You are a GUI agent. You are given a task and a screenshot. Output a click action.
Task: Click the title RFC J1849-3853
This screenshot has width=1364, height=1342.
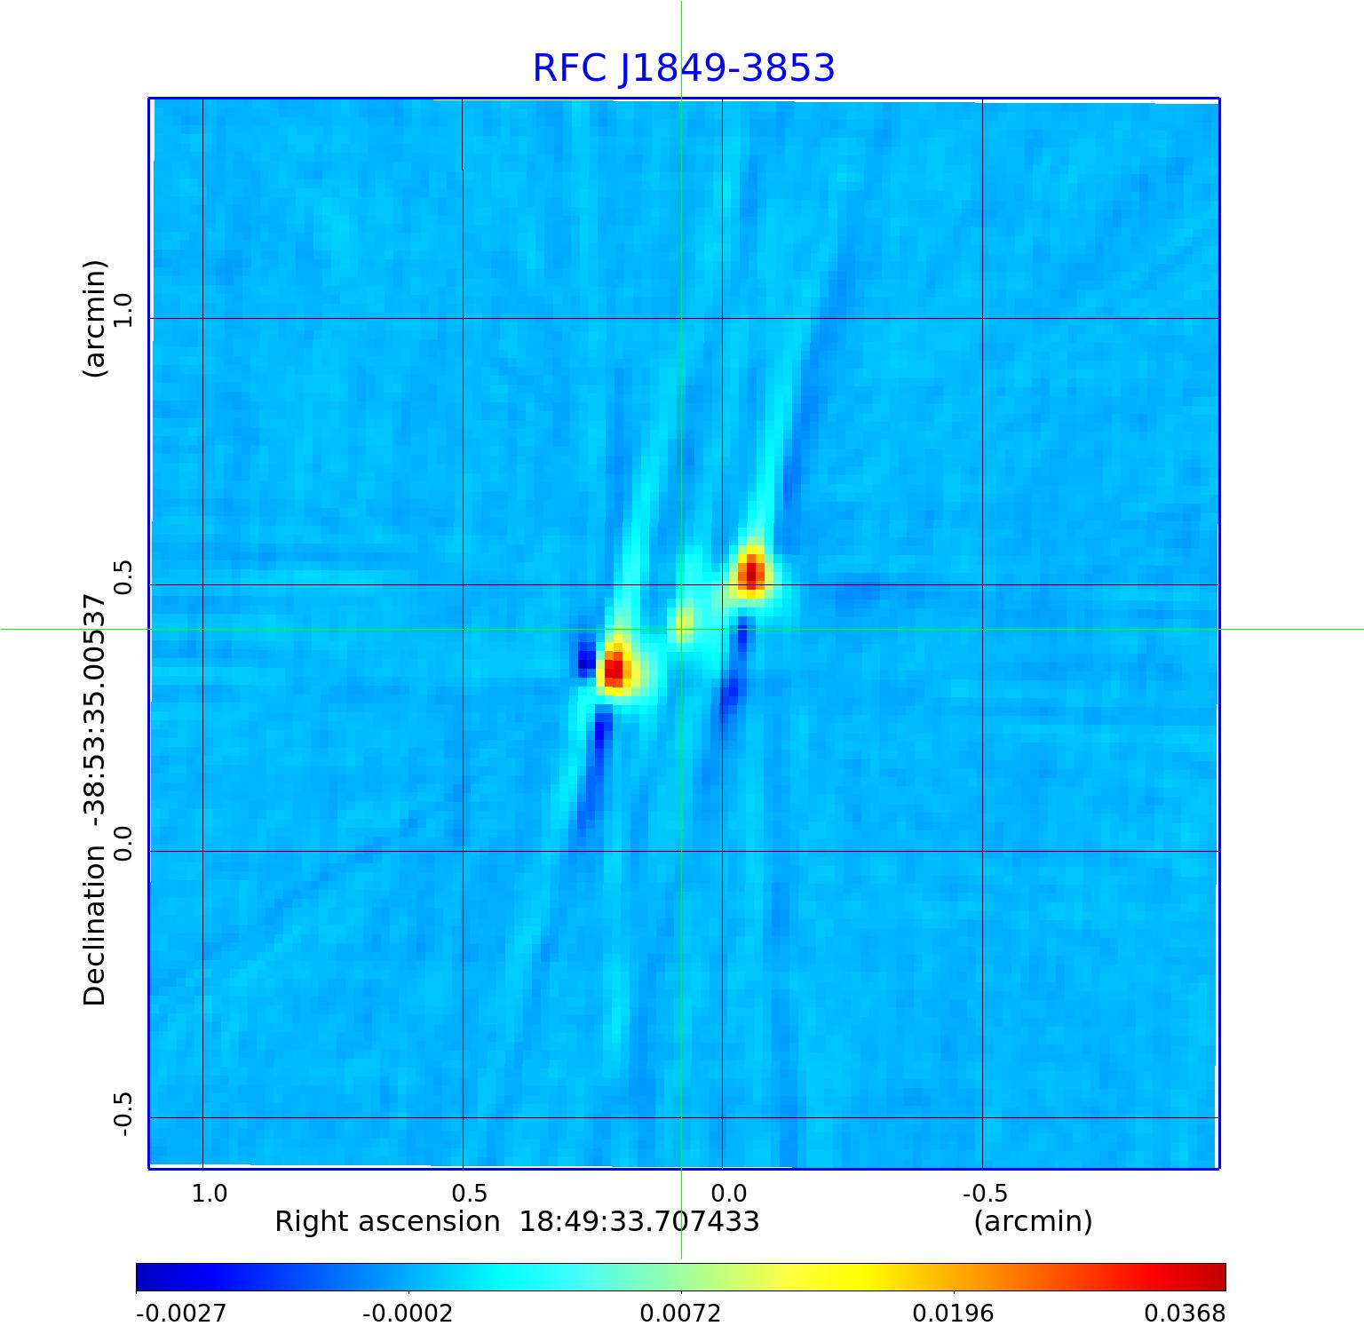tap(683, 68)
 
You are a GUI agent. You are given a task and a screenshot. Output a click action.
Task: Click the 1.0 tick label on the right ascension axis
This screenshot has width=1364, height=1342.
tap(210, 1193)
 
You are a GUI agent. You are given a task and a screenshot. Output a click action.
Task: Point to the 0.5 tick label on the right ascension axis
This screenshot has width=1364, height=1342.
tap(470, 1193)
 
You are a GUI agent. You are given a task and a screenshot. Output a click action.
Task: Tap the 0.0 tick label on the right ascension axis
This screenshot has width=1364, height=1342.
tap(730, 1193)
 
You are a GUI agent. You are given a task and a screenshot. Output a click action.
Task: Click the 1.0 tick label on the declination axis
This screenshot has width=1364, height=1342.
tap(122, 310)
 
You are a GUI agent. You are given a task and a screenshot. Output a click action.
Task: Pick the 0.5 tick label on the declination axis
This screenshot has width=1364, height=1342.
tap(122, 576)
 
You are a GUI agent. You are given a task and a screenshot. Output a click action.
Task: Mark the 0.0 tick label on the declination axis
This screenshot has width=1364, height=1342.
tap(122, 843)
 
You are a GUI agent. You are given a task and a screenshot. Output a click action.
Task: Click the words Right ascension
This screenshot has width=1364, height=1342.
tap(387, 1222)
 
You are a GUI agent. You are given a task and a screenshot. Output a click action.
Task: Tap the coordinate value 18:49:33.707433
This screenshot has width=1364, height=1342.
tap(639, 1222)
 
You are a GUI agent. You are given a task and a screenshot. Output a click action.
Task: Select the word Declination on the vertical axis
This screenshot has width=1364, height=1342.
tap(94, 925)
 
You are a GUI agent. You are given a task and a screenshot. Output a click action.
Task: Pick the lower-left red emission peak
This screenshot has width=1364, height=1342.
tap(615, 668)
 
